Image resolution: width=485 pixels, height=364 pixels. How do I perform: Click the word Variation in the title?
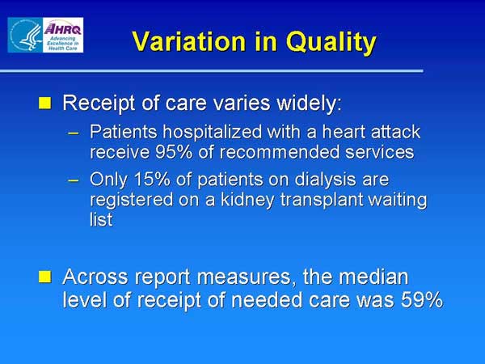coord(188,41)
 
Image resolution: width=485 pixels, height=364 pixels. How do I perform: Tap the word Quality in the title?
coord(331,43)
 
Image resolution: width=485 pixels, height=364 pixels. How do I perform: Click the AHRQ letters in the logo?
coord(62,29)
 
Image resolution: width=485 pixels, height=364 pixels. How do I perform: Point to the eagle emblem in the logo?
coord(26,36)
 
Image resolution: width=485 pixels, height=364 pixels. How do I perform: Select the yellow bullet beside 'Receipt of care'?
coord(44,103)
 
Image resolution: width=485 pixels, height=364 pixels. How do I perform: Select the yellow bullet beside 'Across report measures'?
coord(44,277)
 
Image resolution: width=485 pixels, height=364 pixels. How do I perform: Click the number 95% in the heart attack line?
coord(173,152)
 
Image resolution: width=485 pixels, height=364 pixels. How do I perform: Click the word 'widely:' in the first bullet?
coord(310,103)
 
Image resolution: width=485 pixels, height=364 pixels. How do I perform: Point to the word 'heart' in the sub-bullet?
coord(344,132)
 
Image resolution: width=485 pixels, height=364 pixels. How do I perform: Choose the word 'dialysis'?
coord(325,180)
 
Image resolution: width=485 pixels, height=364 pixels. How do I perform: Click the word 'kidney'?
coord(247,201)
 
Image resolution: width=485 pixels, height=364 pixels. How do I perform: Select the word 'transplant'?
coord(322,201)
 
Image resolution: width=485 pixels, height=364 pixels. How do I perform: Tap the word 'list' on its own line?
coord(101,219)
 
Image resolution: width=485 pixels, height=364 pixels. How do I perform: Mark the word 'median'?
coord(373,276)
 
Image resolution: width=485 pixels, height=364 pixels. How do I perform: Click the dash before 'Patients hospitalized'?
coord(74,133)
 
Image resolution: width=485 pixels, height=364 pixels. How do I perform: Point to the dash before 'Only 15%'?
coord(74,180)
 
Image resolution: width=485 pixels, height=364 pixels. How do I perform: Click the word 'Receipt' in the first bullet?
coord(99,104)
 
